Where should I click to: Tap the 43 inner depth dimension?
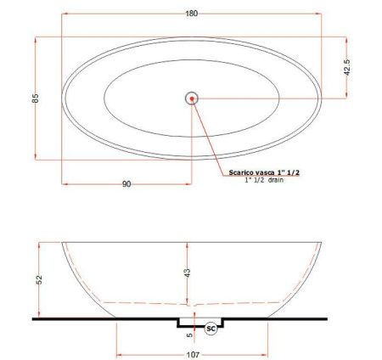[187, 273]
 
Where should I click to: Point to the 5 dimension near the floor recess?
[190, 334]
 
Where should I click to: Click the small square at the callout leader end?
[223, 172]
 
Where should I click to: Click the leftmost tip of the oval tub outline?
[63, 98]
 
